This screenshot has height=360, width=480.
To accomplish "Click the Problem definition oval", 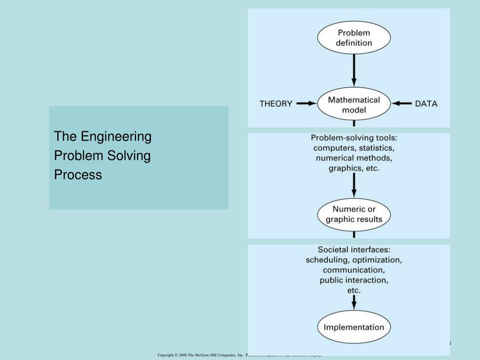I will pyautogui.click(x=354, y=38).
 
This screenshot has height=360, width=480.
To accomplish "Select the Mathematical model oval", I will pyautogui.click(x=354, y=105).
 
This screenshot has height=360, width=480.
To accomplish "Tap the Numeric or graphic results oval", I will pyautogui.click(x=354, y=214).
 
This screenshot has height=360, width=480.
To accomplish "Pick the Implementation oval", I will pyautogui.click(x=354, y=327).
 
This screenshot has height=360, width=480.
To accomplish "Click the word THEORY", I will pyautogui.click(x=276, y=104).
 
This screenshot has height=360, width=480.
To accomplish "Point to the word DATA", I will pyautogui.click(x=426, y=104).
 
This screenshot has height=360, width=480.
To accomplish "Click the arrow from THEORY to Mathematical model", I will pyautogui.click(x=307, y=104).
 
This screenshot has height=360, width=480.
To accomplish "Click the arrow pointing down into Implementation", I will pyautogui.click(x=354, y=305).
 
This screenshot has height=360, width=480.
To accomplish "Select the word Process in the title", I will pyautogui.click(x=78, y=175).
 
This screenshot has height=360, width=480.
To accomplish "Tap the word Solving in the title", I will pyautogui.click(x=129, y=156).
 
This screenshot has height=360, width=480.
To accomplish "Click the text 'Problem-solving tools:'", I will pyautogui.click(x=354, y=138).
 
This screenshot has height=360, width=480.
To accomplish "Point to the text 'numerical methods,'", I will pyautogui.click(x=354, y=158).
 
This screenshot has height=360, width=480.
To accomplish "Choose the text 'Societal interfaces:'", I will pyautogui.click(x=354, y=249).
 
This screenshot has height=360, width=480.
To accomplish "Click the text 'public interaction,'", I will pyautogui.click(x=354, y=280).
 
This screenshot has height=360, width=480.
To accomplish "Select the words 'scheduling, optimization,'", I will pyautogui.click(x=354, y=260).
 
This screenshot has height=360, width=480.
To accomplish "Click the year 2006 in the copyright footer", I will pyautogui.click(x=183, y=355).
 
